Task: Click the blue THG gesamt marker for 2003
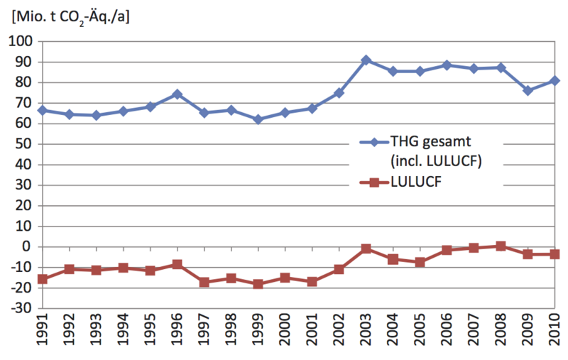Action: click(x=366, y=60)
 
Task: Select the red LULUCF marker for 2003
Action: click(x=366, y=249)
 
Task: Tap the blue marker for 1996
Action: click(x=177, y=94)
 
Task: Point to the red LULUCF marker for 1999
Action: click(x=258, y=284)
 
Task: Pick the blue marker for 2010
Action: click(x=555, y=81)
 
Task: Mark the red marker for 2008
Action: click(x=501, y=246)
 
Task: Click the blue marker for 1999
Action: click(x=258, y=119)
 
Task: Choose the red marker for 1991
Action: click(x=43, y=279)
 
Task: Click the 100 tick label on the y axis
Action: click(x=19, y=41)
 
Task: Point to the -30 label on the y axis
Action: click(x=19, y=309)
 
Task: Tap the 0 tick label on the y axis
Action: click(x=26, y=247)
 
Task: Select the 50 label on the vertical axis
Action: click(x=23, y=144)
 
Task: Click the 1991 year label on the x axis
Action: click(x=43, y=334)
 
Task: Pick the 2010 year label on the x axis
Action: click(x=555, y=334)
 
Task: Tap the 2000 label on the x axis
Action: click(x=285, y=334)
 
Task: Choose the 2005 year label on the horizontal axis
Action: click(x=420, y=334)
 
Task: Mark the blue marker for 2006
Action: click(x=447, y=65)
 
